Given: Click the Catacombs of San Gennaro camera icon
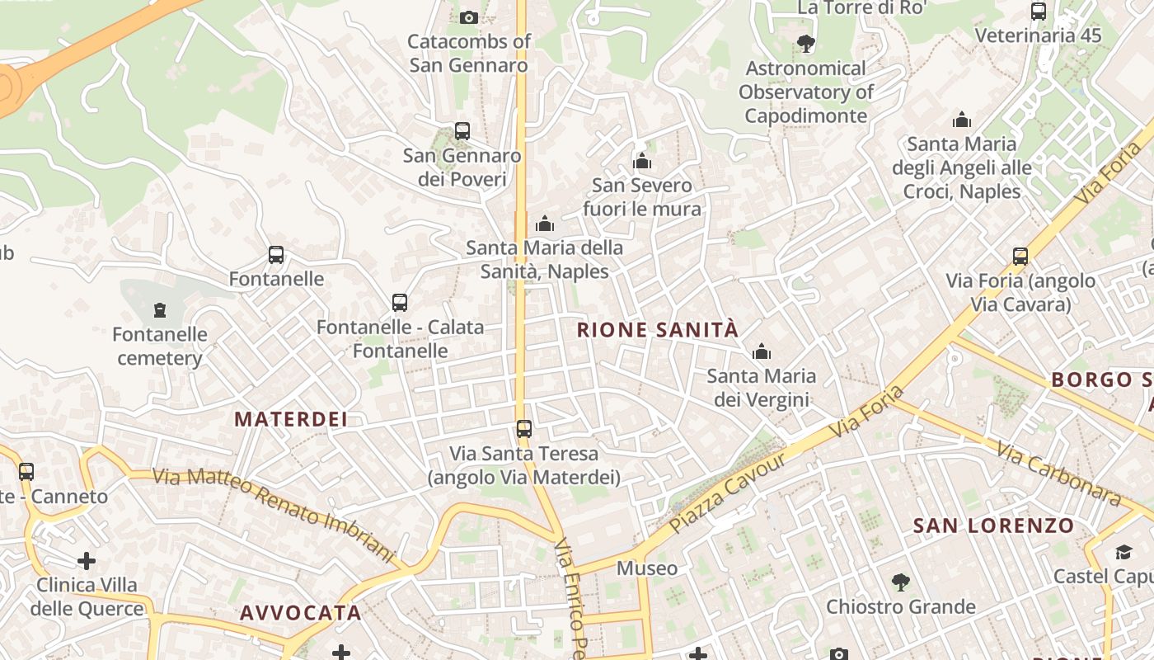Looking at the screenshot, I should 468,17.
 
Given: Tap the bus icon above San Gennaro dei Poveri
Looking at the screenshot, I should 462,131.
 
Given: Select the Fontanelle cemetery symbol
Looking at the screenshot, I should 160,310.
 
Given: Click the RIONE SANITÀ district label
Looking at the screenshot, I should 658,330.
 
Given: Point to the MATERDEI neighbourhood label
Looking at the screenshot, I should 291,419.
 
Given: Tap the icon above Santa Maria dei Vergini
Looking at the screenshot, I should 762,352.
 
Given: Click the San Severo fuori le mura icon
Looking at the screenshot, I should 642,161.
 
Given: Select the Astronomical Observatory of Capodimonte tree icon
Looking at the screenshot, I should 805,44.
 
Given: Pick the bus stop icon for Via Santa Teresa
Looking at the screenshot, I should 524,429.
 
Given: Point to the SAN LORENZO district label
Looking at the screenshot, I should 993,526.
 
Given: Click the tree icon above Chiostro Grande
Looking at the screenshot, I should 901,582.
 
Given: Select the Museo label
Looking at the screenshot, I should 647,568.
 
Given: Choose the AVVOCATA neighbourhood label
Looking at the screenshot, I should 301,613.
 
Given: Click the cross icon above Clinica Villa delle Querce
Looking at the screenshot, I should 87,562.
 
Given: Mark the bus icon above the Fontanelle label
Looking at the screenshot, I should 276,255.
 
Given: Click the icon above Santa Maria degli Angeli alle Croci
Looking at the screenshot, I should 961,120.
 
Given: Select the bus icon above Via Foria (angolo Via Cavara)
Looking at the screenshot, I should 1020,257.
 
